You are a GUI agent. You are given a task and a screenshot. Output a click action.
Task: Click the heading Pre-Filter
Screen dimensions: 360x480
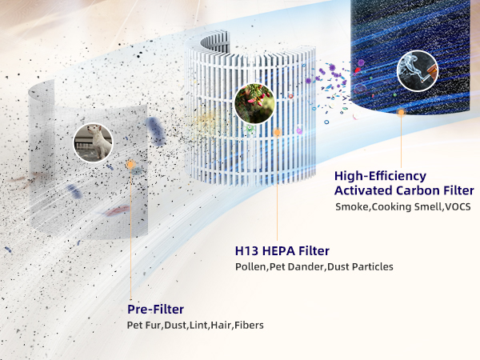(155, 309)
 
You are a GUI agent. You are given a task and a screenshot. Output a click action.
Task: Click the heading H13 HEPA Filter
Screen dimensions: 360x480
(282, 250)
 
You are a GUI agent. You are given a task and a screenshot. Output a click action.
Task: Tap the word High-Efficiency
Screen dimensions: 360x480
(380, 175)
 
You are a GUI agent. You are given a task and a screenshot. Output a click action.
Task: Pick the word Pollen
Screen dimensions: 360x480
(250, 266)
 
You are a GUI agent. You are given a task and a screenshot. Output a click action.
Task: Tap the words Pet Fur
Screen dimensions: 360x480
(145, 326)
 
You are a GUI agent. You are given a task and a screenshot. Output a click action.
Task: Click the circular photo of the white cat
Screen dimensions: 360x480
(93, 142)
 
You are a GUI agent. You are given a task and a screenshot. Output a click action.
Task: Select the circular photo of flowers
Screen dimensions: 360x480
(254, 105)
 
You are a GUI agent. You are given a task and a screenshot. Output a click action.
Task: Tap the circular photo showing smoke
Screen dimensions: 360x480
(418, 70)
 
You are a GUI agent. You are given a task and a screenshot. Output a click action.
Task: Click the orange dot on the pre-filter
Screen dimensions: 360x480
(130, 164)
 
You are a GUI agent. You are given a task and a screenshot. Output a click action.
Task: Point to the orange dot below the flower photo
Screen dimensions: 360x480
(277, 132)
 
